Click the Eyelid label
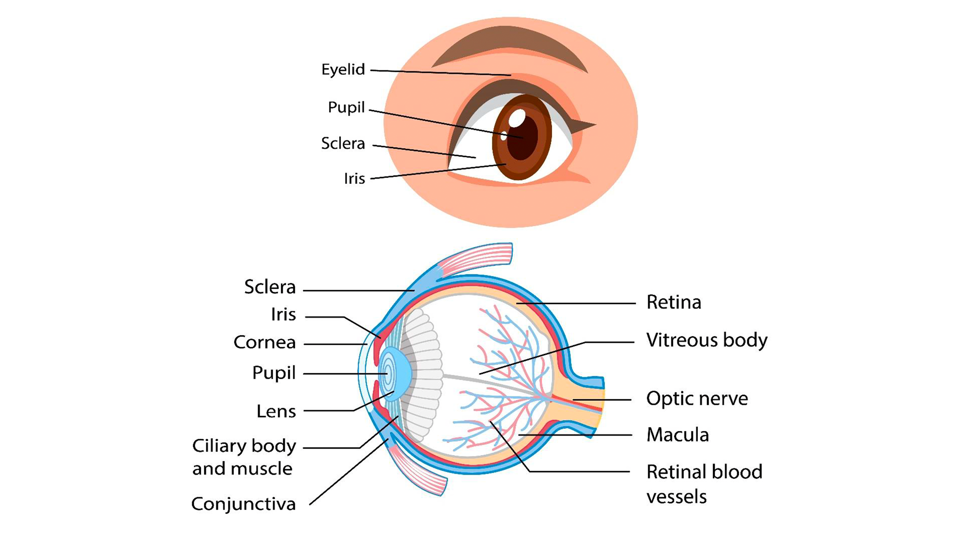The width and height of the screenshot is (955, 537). (343, 69)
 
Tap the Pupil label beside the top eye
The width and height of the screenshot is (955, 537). (346, 107)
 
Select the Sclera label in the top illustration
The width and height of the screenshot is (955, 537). (343, 143)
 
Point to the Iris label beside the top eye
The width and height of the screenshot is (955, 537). (354, 179)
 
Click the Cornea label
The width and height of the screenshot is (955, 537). (265, 343)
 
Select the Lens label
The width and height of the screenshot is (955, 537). (276, 411)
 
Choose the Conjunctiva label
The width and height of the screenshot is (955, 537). (243, 504)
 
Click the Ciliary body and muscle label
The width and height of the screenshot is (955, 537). (244, 457)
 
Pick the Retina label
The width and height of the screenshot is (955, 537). (673, 302)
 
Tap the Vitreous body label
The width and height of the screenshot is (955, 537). (706, 341)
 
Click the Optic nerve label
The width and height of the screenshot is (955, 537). (697, 399)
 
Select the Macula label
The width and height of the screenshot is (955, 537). (677, 435)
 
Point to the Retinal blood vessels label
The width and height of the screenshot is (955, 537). (704, 484)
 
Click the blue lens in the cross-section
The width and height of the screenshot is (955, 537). (395, 374)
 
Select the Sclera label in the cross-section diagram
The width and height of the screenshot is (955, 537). (270, 287)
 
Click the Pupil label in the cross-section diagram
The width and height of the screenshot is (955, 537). (274, 373)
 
